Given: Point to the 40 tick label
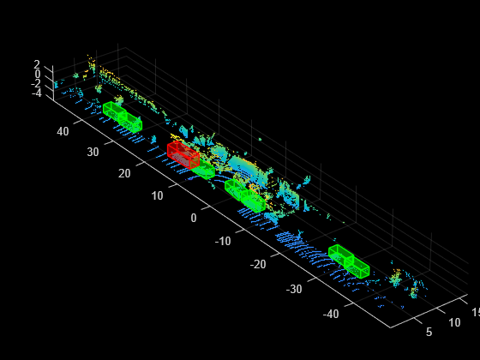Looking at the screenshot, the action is (63, 132).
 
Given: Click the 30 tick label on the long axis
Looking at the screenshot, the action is (93, 153).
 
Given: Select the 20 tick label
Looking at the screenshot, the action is (124, 173).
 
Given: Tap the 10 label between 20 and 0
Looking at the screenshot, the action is (157, 196).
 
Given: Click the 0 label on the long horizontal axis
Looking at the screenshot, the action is (194, 219).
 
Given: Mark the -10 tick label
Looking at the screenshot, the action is (223, 241).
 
